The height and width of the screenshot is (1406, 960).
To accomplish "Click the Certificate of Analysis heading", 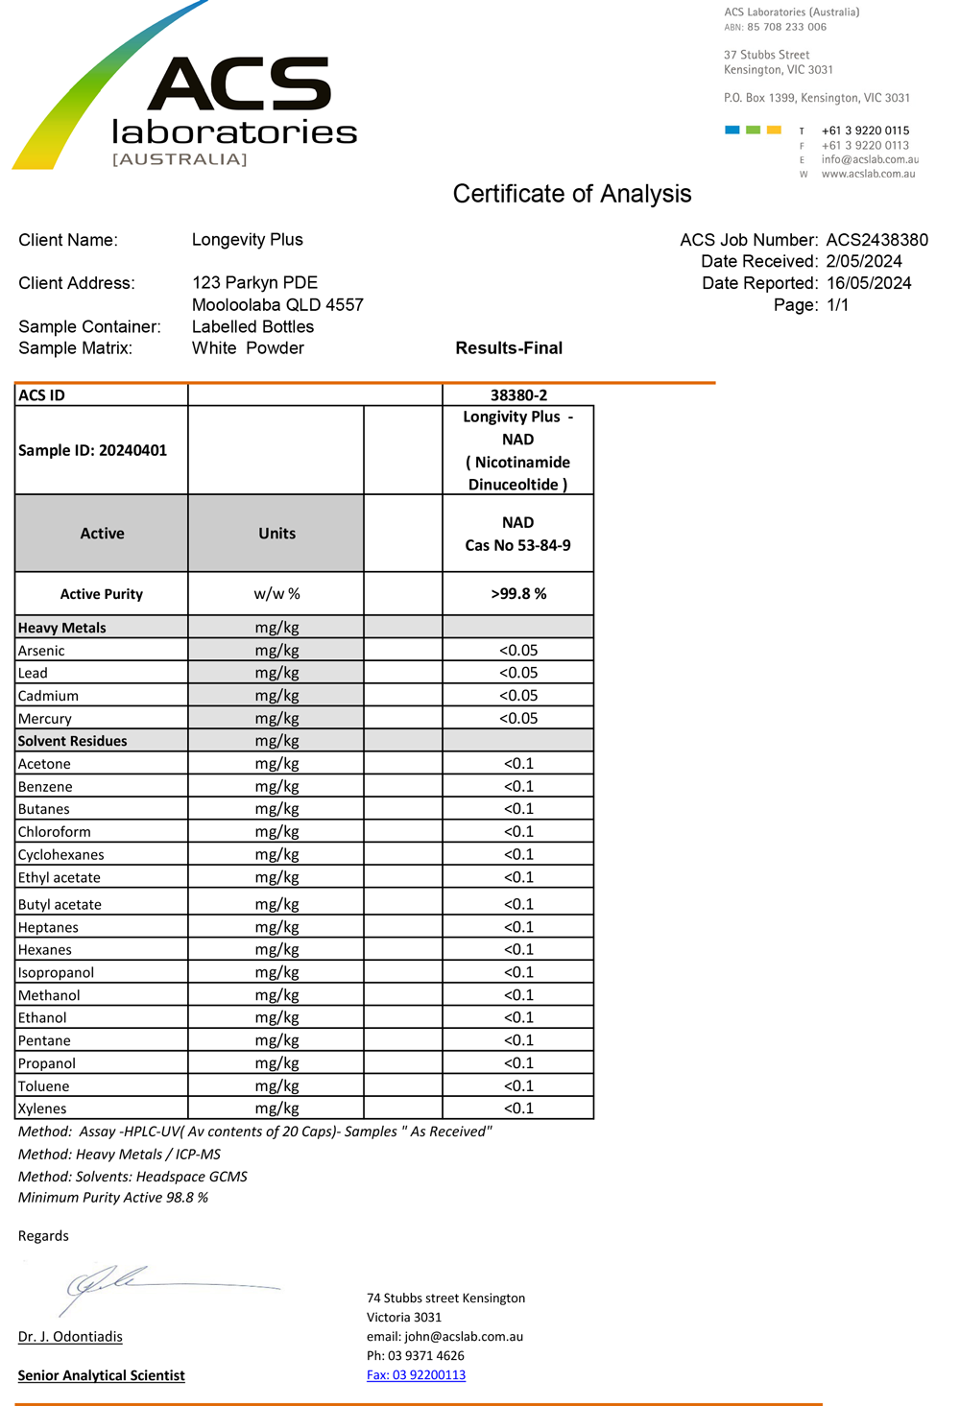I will (x=571, y=194).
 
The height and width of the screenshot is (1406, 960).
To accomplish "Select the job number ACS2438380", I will (x=876, y=240).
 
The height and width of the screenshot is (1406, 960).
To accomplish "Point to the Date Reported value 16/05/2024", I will (x=868, y=283).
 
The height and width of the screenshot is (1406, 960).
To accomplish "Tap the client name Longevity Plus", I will (x=247, y=240).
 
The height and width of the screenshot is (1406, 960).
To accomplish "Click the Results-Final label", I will (x=509, y=348).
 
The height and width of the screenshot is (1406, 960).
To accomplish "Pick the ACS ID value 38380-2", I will (x=518, y=395).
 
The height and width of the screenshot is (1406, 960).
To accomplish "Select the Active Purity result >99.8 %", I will (x=518, y=594).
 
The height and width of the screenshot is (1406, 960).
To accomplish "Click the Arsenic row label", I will (x=41, y=651).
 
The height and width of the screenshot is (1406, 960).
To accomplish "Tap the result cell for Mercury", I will (x=518, y=719).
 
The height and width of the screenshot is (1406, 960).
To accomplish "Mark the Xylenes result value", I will (x=518, y=1108).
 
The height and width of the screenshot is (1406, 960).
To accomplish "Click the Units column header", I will (x=276, y=534).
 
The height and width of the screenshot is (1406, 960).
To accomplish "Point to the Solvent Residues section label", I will (x=72, y=741).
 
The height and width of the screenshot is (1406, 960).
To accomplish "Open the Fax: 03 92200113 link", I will (x=416, y=1375).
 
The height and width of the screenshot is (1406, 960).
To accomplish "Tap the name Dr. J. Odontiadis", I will (x=70, y=1337).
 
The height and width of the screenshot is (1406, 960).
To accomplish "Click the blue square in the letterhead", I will (x=732, y=130).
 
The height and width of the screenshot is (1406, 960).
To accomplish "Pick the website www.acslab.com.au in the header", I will (x=868, y=174).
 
